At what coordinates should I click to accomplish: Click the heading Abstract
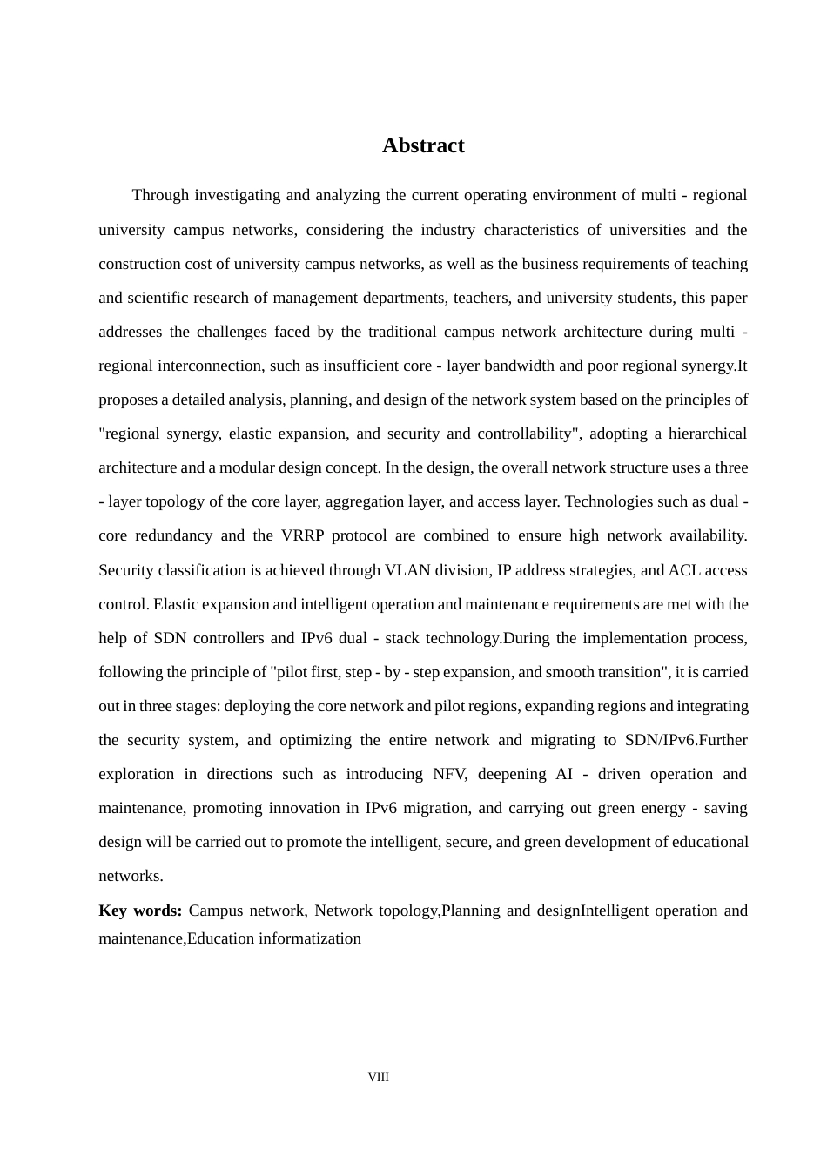[423, 145]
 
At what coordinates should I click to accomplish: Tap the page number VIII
[379, 1077]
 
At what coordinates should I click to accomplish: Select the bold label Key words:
[140, 911]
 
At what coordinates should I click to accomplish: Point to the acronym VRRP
[305, 535]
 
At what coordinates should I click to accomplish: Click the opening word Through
[160, 195]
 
